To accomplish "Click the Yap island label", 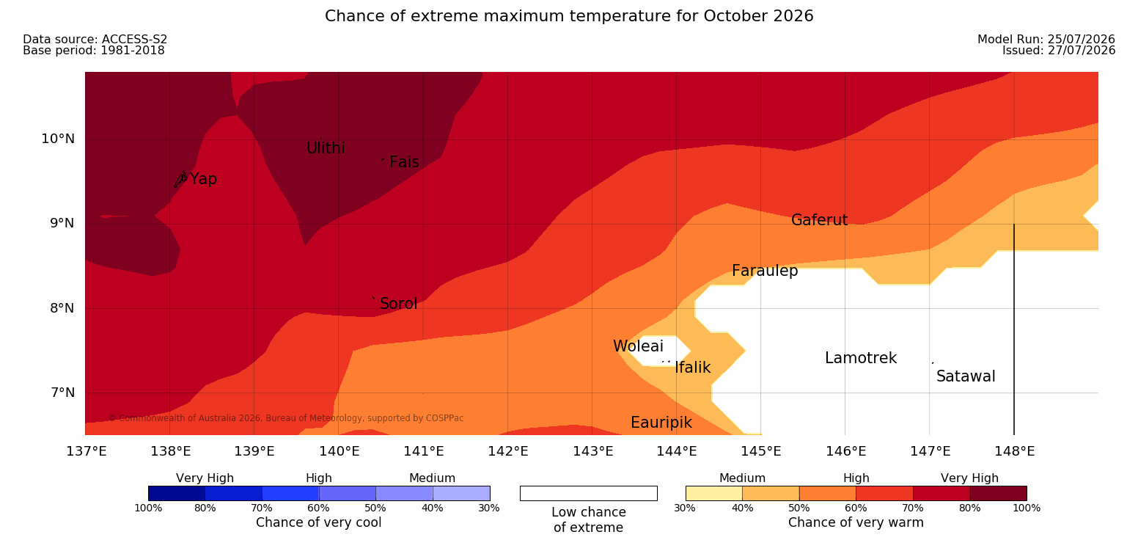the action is coord(203,179).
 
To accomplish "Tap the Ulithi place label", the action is coord(326,148).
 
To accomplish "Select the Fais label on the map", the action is coord(405,161).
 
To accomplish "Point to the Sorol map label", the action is coord(399,304).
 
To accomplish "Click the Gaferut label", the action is coord(820,219).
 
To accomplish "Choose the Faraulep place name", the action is coord(765,271).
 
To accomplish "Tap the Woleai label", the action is coord(638,346).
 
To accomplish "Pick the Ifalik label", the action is coord(692,367).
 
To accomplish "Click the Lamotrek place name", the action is coord(861,358).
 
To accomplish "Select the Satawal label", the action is coord(966,376).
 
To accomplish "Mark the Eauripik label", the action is coord(661,423).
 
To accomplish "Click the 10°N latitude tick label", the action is coord(58,139).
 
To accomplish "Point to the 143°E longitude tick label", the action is coord(592,451).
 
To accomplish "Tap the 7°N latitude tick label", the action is coord(62,393).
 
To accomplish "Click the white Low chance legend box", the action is coord(589,493).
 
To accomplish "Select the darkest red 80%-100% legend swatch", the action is coord(998,493).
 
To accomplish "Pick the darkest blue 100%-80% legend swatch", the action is coord(177,493).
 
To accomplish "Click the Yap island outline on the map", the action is coord(181,179).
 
